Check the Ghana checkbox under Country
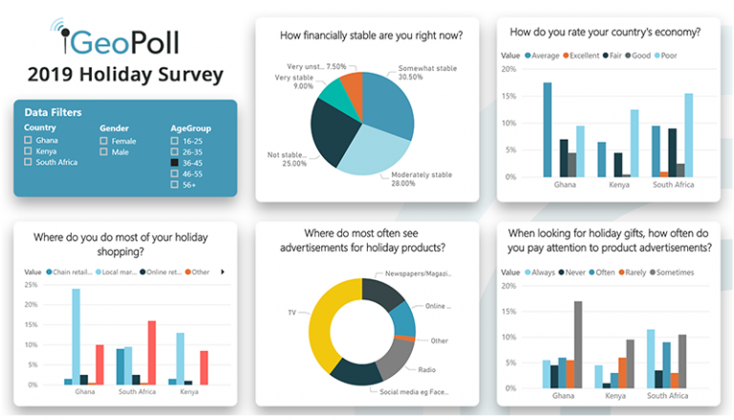[29, 141]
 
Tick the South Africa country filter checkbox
[29, 162]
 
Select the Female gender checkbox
[104, 141]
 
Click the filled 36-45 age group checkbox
[175, 163]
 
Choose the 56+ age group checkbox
[175, 185]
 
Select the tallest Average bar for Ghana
[548, 129]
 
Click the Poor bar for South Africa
[688, 135]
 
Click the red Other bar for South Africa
[152, 352]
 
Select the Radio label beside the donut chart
[426, 368]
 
